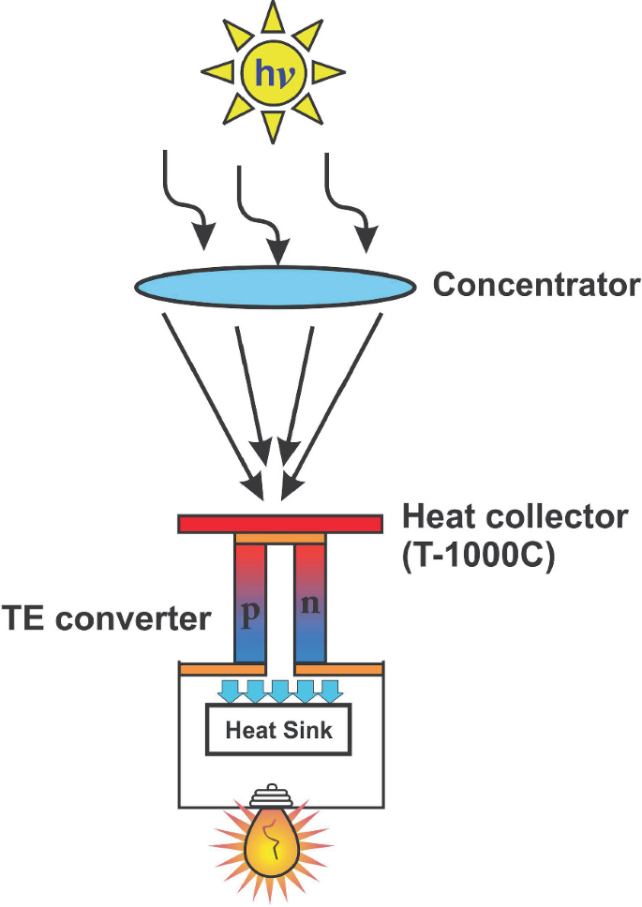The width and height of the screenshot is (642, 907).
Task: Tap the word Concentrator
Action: [536, 285]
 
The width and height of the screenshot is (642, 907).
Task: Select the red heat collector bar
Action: [279, 524]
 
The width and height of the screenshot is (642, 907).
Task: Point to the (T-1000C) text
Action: [479, 555]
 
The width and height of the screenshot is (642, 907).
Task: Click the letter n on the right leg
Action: [309, 603]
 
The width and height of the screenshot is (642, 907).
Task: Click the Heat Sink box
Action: [279, 729]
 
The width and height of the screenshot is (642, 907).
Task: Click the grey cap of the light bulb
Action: [272, 797]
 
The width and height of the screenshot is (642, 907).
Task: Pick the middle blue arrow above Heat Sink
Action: [279, 691]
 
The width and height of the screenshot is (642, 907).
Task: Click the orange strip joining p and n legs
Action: [279, 539]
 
